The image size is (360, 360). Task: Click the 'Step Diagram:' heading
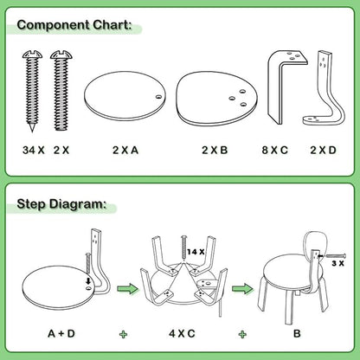[63, 205]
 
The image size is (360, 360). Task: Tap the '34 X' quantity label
[32, 150]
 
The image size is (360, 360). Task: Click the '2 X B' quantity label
[215, 150]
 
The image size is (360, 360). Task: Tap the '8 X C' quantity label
[275, 150]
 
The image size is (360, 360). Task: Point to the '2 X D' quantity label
[325, 150]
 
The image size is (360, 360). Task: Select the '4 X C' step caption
[181, 331]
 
